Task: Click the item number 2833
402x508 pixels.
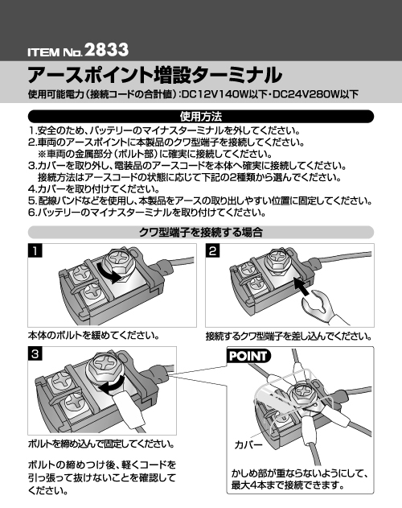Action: [x=107, y=50]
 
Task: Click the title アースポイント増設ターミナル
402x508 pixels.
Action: [x=154, y=75]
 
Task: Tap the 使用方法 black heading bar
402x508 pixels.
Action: [x=201, y=116]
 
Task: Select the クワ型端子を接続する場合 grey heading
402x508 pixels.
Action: [x=201, y=233]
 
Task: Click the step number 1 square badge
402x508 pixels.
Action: [x=35, y=250]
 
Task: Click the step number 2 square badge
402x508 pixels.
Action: [x=212, y=250]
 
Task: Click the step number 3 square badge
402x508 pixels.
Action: [x=35, y=353]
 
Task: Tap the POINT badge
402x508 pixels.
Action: [x=248, y=356]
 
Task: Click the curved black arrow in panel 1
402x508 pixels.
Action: [x=110, y=275]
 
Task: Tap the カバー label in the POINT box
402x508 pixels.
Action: [x=248, y=444]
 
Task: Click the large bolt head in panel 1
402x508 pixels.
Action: [x=118, y=260]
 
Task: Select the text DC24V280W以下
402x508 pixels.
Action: [x=316, y=95]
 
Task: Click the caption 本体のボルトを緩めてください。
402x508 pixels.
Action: [x=94, y=336]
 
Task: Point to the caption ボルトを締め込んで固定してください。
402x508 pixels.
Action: [x=101, y=444]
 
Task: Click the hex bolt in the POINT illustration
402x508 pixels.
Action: [x=302, y=392]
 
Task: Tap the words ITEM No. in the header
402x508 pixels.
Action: [x=55, y=52]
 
